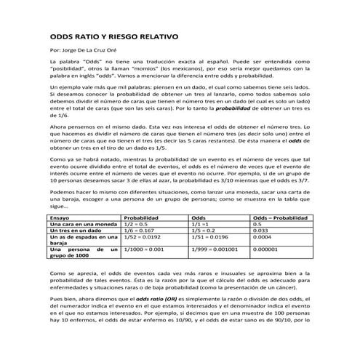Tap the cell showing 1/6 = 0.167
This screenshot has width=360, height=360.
tap(140, 231)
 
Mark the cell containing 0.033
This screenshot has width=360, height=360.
tap(260, 231)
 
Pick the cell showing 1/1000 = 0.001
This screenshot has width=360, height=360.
tap(144, 249)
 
